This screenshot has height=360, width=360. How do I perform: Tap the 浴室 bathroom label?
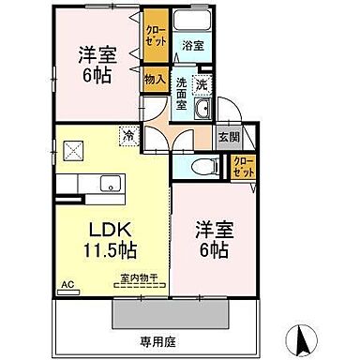pyautogui.click(x=193, y=45)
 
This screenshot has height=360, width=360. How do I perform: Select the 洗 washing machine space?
pyautogui.click(x=202, y=84)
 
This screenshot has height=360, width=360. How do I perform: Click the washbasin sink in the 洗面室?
pyautogui.click(x=203, y=111)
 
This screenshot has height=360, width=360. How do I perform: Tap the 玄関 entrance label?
pyautogui.click(x=228, y=137)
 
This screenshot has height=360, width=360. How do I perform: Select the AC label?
pyautogui.click(x=67, y=282)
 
